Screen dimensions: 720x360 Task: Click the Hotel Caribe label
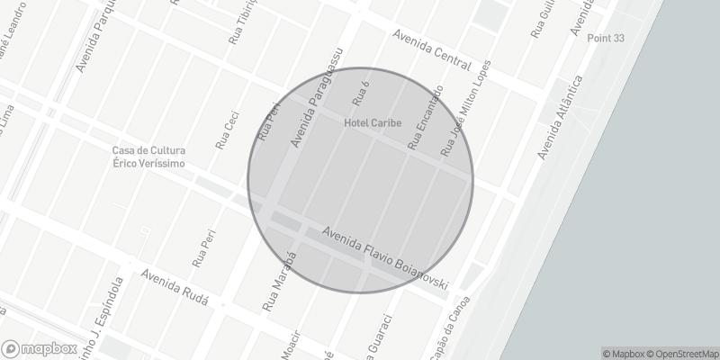[x=373, y=122]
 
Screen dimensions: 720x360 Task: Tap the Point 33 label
[x=606, y=39]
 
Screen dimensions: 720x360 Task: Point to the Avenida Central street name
[x=432, y=49]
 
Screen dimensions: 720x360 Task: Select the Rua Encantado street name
[x=426, y=117]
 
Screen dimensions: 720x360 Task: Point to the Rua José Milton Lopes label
[x=466, y=110]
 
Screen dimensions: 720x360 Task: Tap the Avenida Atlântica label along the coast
[x=561, y=117]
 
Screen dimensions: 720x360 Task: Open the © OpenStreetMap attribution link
[x=682, y=354]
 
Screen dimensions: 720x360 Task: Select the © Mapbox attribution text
[x=624, y=354]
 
